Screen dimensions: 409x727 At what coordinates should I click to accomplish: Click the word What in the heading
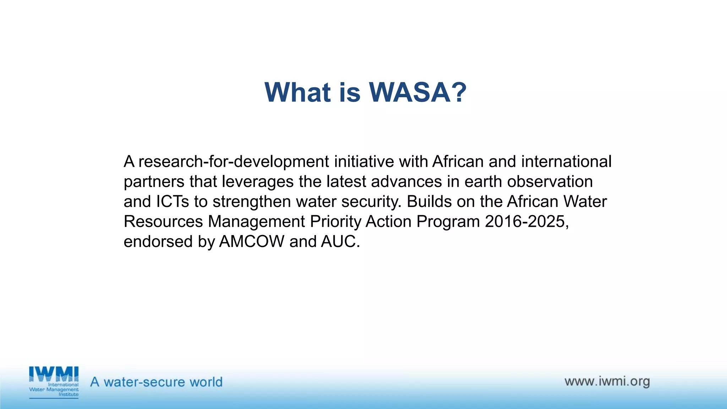click(x=297, y=92)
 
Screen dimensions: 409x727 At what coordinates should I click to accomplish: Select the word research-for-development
click(x=234, y=162)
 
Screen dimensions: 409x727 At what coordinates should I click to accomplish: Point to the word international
click(x=566, y=162)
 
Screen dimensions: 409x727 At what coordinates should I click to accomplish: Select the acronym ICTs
click(x=173, y=201)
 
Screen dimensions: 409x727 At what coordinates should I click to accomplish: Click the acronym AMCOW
click(x=252, y=241)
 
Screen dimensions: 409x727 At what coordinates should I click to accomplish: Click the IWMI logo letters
click(x=54, y=374)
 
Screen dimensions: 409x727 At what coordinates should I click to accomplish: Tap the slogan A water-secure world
click(x=156, y=382)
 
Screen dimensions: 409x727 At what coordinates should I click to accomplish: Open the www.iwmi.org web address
click(x=607, y=381)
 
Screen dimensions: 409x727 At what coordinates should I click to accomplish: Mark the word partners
click(x=154, y=182)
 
